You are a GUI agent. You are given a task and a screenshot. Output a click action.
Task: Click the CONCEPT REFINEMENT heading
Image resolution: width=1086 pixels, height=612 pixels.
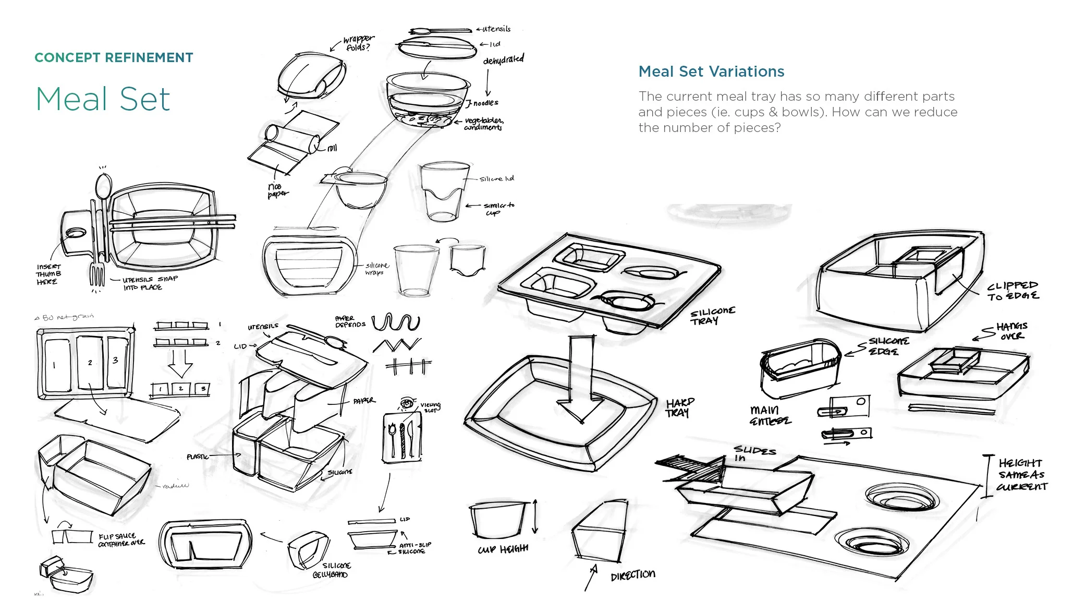click(114, 57)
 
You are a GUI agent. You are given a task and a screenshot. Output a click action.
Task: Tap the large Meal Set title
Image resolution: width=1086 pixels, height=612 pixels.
click(103, 99)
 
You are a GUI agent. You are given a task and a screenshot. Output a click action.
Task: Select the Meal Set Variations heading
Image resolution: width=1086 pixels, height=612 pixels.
click(711, 71)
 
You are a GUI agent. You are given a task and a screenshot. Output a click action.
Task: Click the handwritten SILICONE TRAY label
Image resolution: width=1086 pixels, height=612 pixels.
click(712, 316)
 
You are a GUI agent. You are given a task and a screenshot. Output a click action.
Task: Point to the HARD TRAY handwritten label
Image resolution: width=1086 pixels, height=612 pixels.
click(680, 407)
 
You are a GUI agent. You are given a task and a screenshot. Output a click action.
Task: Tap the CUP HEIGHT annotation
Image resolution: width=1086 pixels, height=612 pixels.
click(503, 549)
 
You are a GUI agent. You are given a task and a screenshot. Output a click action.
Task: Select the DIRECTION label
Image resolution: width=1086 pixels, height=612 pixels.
click(632, 575)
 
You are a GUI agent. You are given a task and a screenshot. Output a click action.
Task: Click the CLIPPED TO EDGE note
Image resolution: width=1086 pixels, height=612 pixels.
click(1012, 291)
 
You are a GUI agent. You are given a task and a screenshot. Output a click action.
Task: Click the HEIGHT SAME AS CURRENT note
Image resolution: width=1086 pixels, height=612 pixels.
click(1021, 474)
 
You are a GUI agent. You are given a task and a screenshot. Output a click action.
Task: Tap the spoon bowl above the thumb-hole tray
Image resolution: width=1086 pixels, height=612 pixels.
click(104, 185)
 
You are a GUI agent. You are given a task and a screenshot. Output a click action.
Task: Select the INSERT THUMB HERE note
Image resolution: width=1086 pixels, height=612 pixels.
click(48, 274)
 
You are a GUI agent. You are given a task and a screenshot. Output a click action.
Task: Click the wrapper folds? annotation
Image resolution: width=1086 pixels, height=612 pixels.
click(358, 43)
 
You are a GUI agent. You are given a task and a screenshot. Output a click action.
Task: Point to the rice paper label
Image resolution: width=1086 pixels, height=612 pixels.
click(276, 190)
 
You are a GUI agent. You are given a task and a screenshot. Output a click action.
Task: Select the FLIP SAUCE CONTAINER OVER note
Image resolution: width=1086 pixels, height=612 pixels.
click(121, 539)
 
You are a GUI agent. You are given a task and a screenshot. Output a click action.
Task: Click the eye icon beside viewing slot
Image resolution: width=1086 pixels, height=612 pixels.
click(407, 403)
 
